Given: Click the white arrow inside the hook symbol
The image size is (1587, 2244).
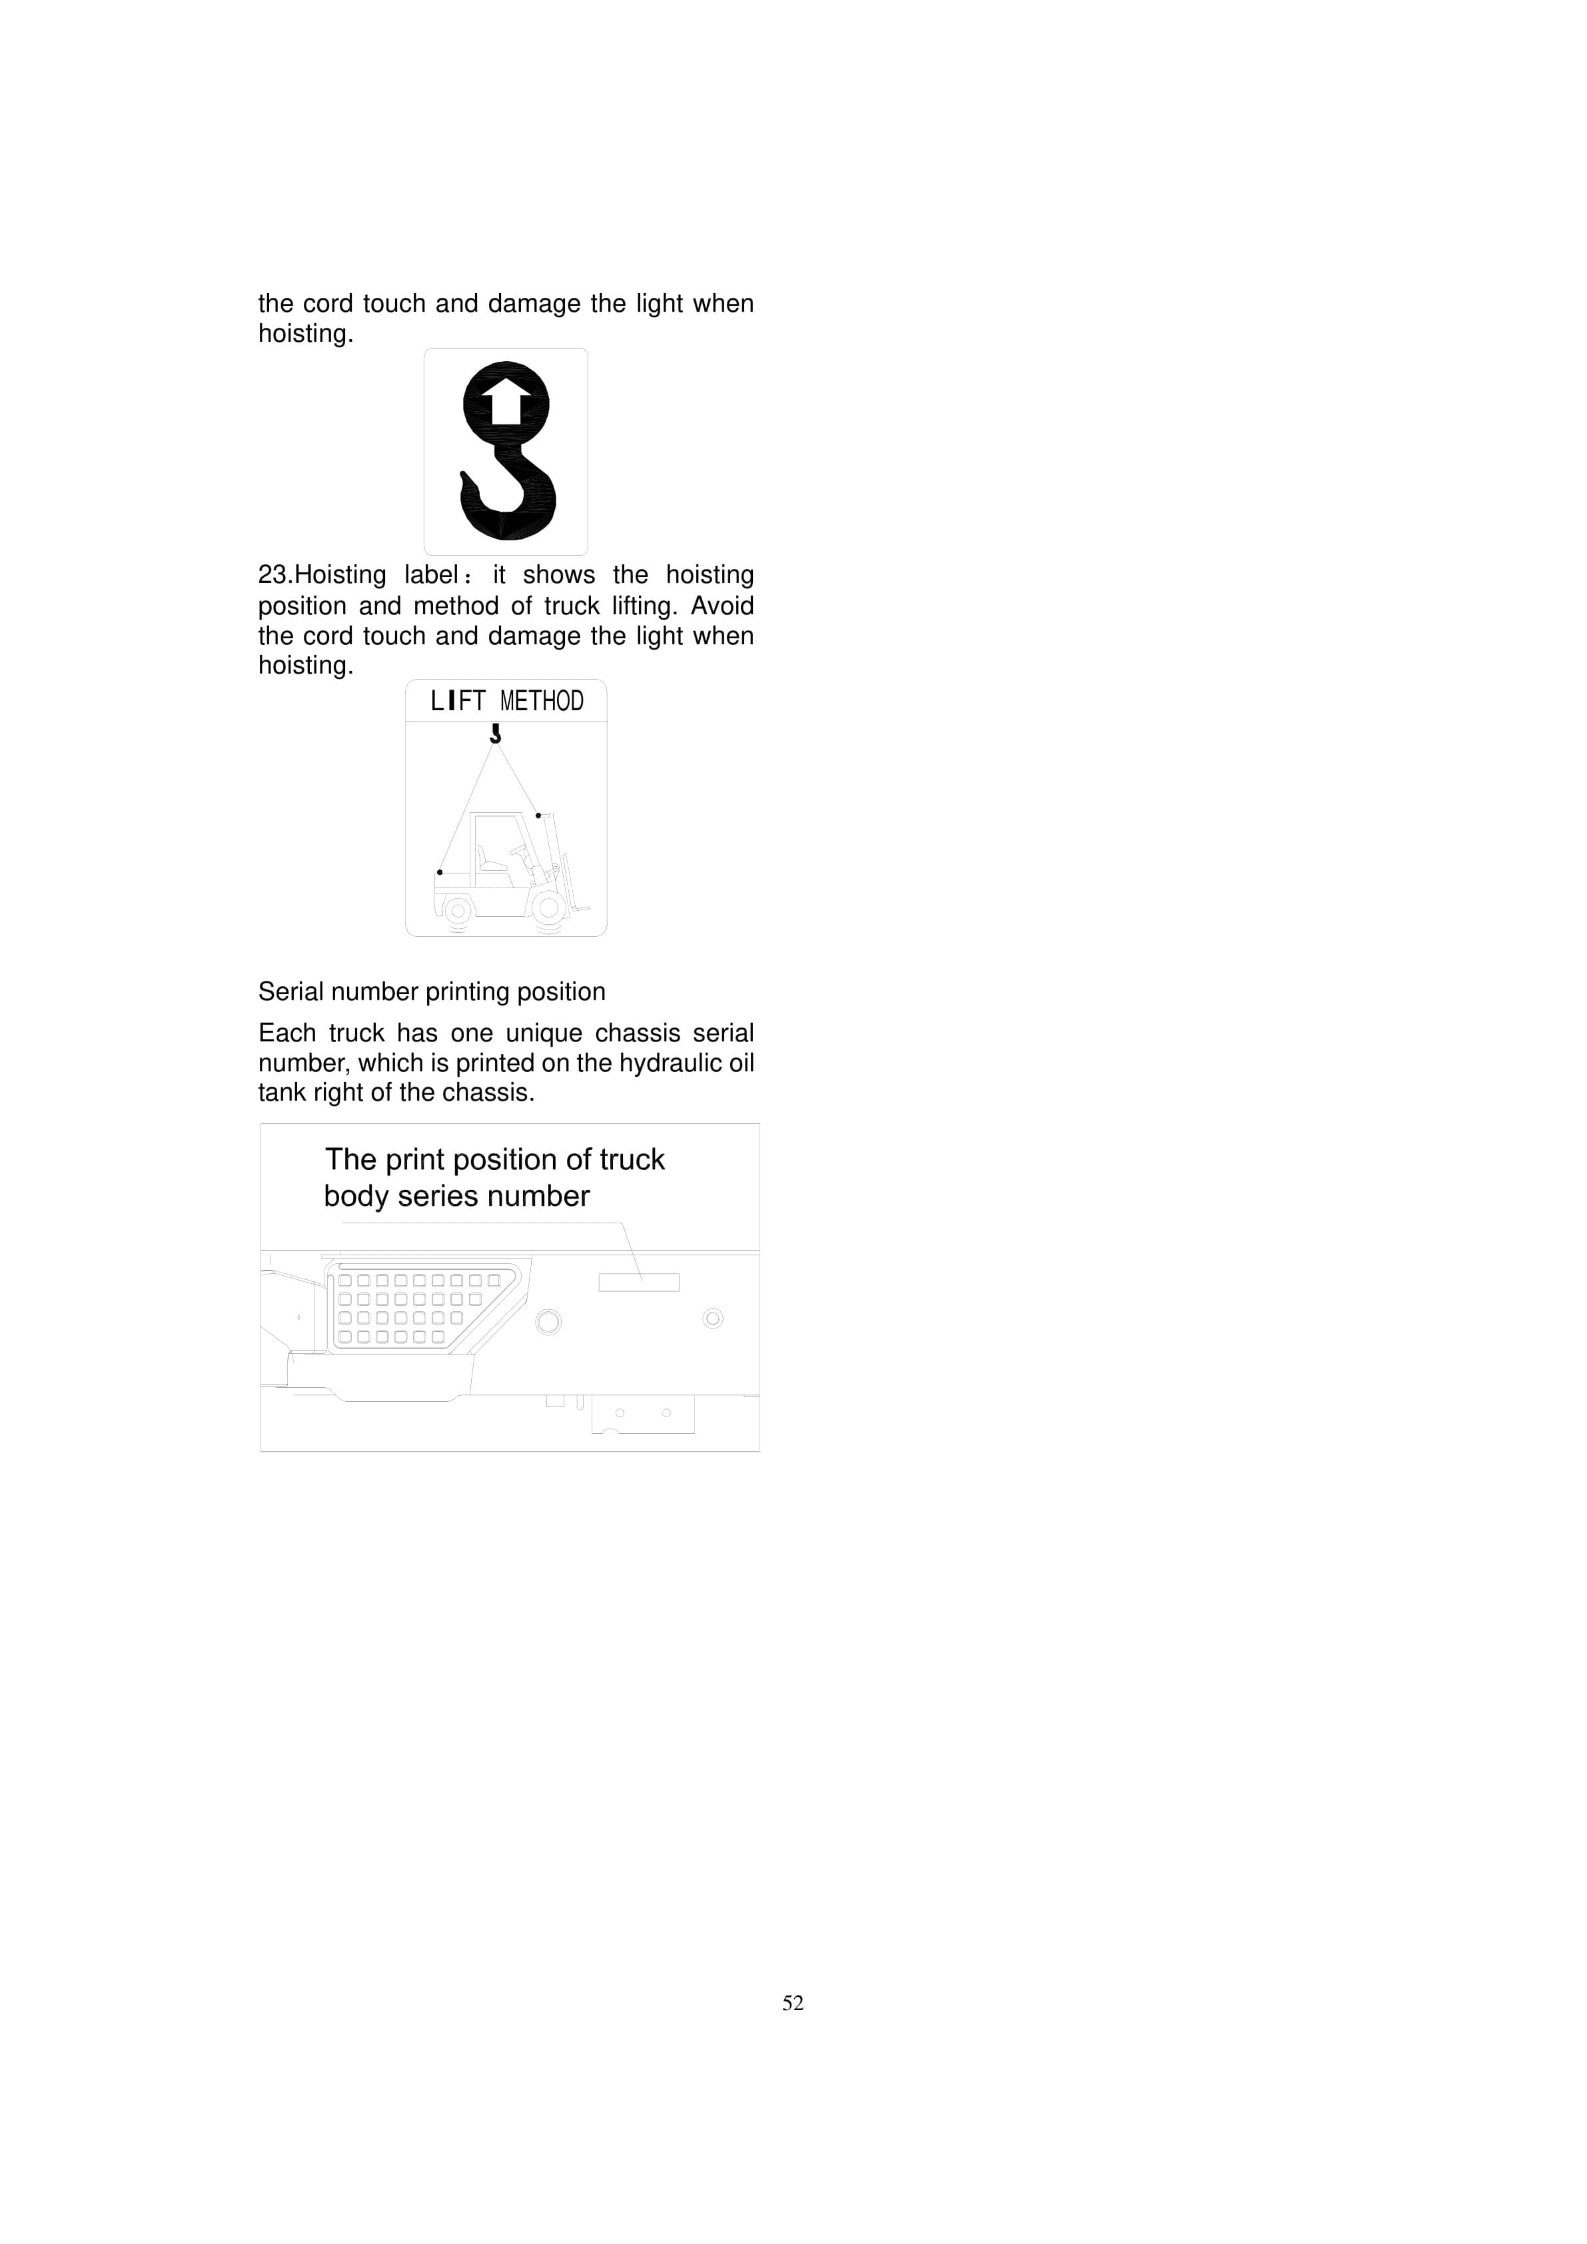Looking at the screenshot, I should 505,402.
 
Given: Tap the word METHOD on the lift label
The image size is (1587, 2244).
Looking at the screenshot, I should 542,701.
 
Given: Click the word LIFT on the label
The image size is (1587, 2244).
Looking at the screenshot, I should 457,701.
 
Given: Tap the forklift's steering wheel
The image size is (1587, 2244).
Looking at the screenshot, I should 518,850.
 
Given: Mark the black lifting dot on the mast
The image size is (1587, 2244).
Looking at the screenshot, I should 538,815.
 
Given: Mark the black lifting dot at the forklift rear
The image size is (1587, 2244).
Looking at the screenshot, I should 440,871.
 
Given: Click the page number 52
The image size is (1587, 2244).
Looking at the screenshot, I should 793,2003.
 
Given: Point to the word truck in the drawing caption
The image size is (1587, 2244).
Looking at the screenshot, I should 632,1159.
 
